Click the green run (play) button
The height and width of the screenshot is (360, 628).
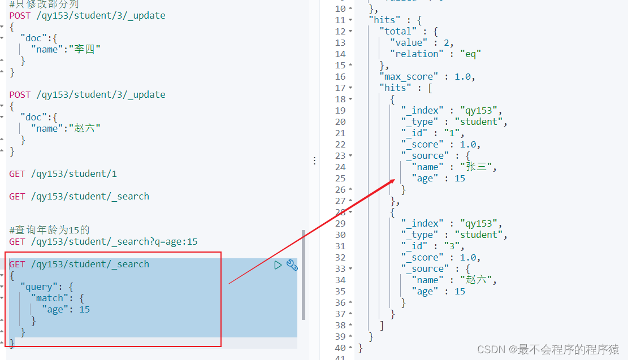[x=278, y=264]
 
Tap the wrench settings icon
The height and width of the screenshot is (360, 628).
[x=292, y=264]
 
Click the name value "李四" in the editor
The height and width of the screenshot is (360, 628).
[x=85, y=49]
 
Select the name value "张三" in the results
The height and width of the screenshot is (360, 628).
[x=476, y=167]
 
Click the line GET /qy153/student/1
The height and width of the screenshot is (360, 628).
[x=63, y=174]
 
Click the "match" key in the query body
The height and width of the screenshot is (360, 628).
[x=50, y=298]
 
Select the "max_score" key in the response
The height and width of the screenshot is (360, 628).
[x=409, y=76]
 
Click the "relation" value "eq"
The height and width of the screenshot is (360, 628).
[x=470, y=54]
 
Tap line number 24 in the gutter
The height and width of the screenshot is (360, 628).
[x=340, y=167]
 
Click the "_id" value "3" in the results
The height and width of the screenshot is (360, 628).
[x=452, y=246]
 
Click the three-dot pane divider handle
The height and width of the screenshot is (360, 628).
[x=314, y=161]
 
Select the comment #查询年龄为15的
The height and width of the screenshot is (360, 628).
[x=49, y=230]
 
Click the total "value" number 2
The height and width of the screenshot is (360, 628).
[x=446, y=42]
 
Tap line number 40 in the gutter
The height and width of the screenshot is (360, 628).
[x=340, y=348]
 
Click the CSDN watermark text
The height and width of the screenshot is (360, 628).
[x=548, y=349]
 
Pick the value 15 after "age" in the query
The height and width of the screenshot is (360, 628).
[x=85, y=309]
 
